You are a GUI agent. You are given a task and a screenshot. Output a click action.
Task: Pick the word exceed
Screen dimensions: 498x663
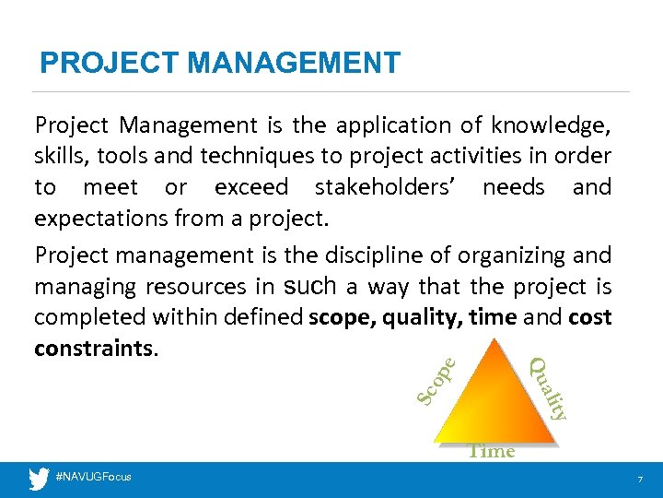pyautogui.click(x=250, y=187)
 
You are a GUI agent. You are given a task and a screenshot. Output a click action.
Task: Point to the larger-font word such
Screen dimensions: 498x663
pyautogui.click(x=312, y=285)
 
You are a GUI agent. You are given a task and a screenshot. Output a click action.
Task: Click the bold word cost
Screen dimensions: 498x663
pyautogui.click(x=590, y=317)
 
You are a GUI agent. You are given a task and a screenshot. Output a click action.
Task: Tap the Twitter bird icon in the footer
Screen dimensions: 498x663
pyautogui.click(x=39, y=478)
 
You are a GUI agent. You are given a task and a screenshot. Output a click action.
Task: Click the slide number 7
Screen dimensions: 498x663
pyautogui.click(x=638, y=479)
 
